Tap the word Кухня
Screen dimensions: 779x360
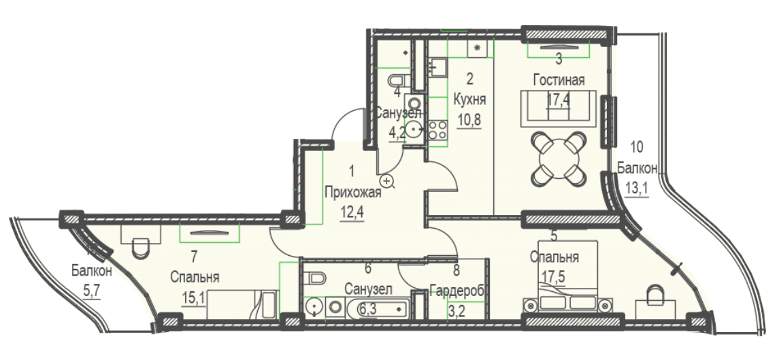[x=469, y=99]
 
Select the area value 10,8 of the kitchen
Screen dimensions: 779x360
[x=469, y=120]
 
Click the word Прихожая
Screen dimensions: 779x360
[x=352, y=193]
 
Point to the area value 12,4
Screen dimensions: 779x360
[x=352, y=214]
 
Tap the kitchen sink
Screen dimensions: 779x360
[x=437, y=67]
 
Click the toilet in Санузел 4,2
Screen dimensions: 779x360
[x=399, y=80]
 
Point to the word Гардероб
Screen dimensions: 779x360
[x=457, y=291]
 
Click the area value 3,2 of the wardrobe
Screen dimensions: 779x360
[x=457, y=311]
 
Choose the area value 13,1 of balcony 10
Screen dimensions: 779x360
[x=637, y=189]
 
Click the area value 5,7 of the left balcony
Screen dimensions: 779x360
[x=91, y=290]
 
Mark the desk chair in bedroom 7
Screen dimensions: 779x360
[x=141, y=247]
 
